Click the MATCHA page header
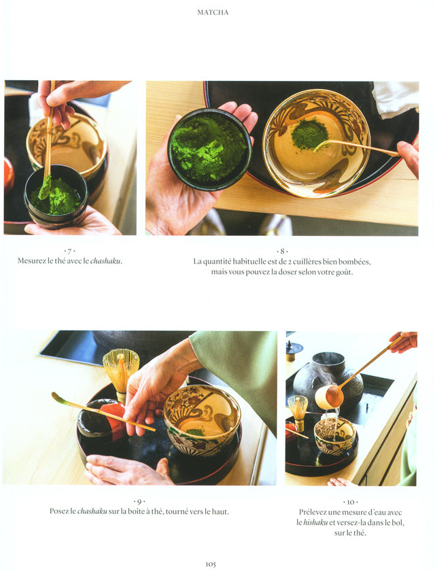click(213, 12)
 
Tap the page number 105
click(211, 564)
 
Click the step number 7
click(69, 251)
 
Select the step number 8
click(282, 251)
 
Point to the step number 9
click(139, 502)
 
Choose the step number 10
click(350, 502)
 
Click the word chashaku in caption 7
click(105, 261)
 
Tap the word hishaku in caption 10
click(315, 523)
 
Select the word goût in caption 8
click(345, 273)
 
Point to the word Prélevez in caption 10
click(313, 512)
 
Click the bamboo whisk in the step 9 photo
click(121, 375)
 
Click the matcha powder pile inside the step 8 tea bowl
click(309, 135)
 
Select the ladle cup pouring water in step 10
click(329, 397)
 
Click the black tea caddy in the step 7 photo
click(56, 196)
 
